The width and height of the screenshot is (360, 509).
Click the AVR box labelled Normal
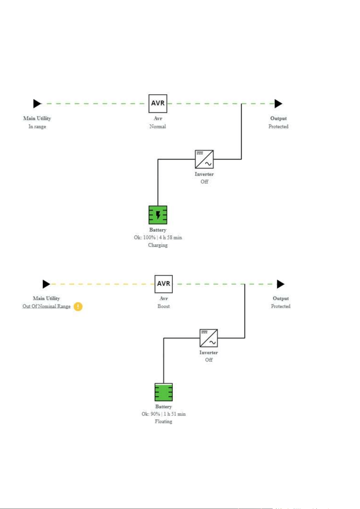pyautogui.click(x=158, y=104)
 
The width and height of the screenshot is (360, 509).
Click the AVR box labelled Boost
pyautogui.click(x=163, y=284)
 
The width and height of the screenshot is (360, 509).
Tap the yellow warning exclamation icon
pyautogui.click(x=78, y=306)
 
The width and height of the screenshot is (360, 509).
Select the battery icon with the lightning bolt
pyautogui.click(x=158, y=215)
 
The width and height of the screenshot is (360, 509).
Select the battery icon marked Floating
pyautogui.click(x=163, y=392)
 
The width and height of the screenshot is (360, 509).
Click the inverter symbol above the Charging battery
pyautogui.click(x=204, y=159)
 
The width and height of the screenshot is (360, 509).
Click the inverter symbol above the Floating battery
pyautogui.click(x=209, y=338)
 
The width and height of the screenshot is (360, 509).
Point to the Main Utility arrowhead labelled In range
pyautogui.click(x=37, y=104)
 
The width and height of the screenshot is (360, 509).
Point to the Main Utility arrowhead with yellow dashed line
pyautogui.click(x=46, y=284)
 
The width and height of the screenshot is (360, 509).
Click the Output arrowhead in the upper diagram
pyautogui.click(x=278, y=104)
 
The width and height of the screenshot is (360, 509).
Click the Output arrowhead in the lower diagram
pyautogui.click(x=281, y=284)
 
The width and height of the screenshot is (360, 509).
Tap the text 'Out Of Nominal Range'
pyautogui.click(x=46, y=306)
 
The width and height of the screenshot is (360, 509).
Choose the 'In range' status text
pyautogui.click(x=37, y=126)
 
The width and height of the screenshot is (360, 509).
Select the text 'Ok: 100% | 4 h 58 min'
pyautogui.click(x=158, y=237)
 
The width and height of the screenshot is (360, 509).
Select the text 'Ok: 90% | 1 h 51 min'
pyautogui.click(x=163, y=414)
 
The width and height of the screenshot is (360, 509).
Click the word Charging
pyautogui.click(x=158, y=245)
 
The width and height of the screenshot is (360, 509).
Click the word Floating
pyautogui.click(x=163, y=421)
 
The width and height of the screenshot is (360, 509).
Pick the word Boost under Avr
pyautogui.click(x=163, y=306)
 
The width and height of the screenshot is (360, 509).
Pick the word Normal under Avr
pyautogui.click(x=158, y=126)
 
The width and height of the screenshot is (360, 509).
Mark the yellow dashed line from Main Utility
pyautogui.click(x=103, y=284)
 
